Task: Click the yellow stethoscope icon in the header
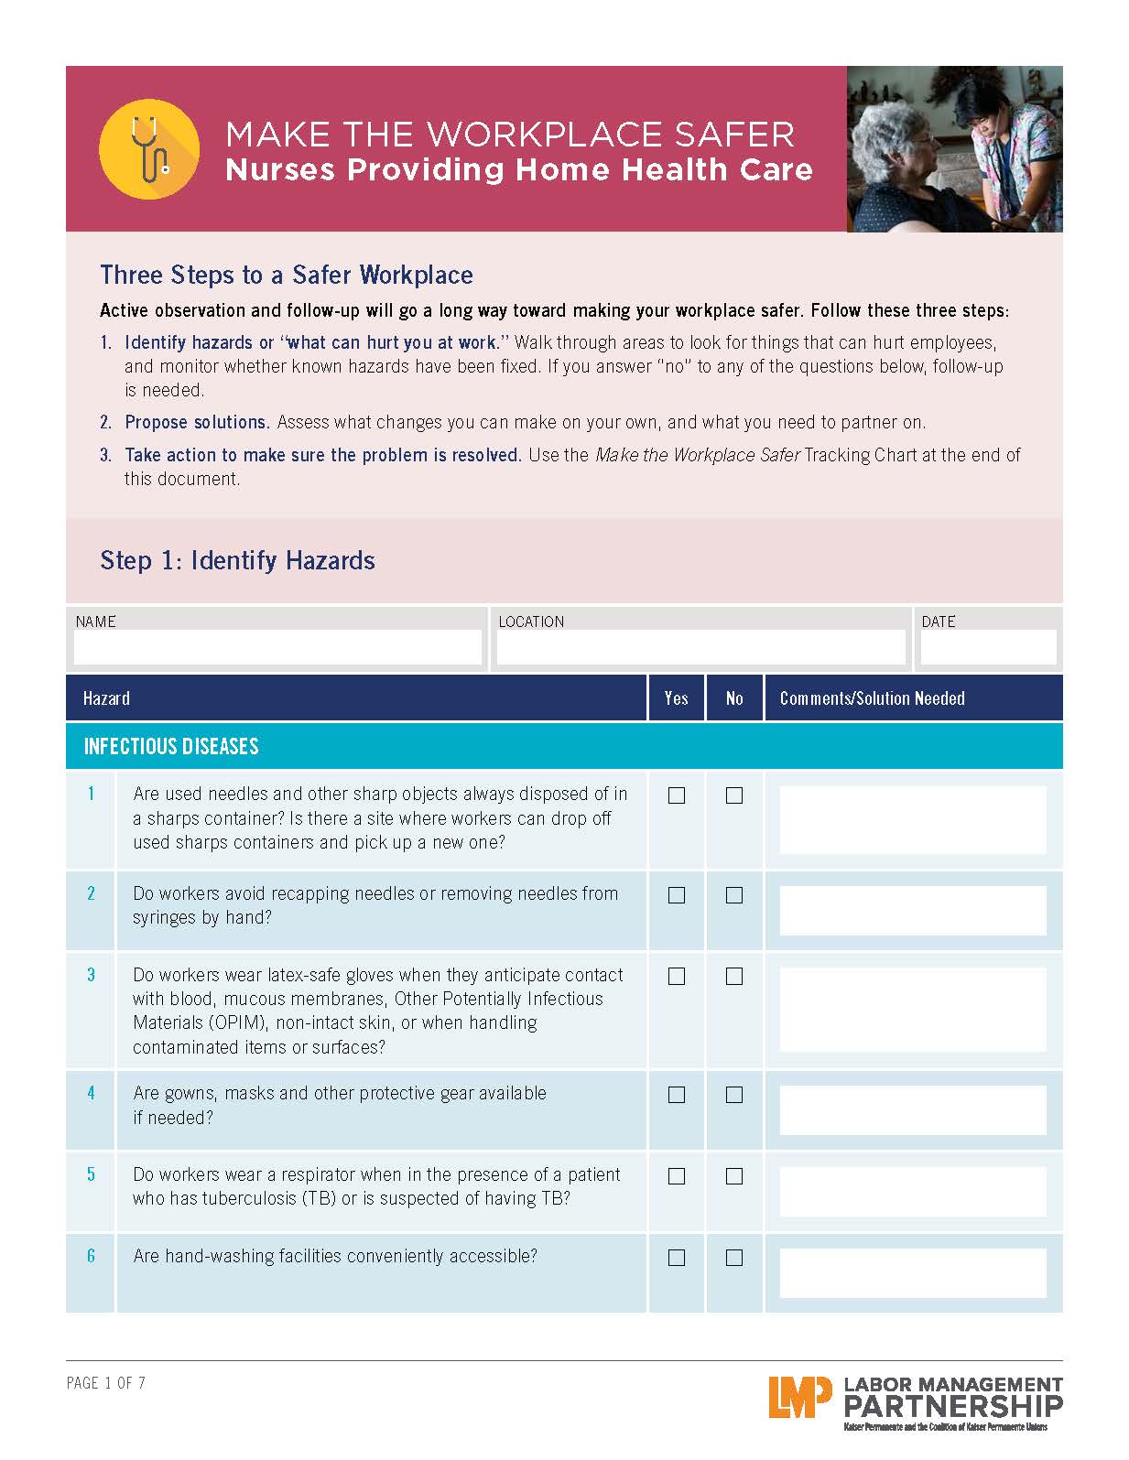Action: (x=148, y=148)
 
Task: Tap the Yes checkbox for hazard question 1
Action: (x=677, y=795)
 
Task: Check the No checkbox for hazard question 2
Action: (x=734, y=895)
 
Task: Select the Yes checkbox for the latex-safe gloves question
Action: (x=677, y=977)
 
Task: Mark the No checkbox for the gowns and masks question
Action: (x=734, y=1095)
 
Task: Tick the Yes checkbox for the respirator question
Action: (x=677, y=1176)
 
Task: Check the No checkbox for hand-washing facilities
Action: (x=734, y=1258)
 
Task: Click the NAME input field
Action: (x=277, y=647)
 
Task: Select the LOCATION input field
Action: (x=700, y=647)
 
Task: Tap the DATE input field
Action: (x=988, y=647)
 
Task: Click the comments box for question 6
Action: (x=912, y=1272)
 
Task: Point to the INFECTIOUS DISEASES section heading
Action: (x=171, y=746)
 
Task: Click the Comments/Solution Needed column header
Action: (x=872, y=698)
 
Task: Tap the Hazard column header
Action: (x=106, y=698)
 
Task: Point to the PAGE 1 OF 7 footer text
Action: (x=106, y=1383)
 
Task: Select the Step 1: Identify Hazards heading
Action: (x=237, y=560)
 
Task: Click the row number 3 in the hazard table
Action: (x=91, y=975)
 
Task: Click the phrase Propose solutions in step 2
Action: (x=196, y=422)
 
